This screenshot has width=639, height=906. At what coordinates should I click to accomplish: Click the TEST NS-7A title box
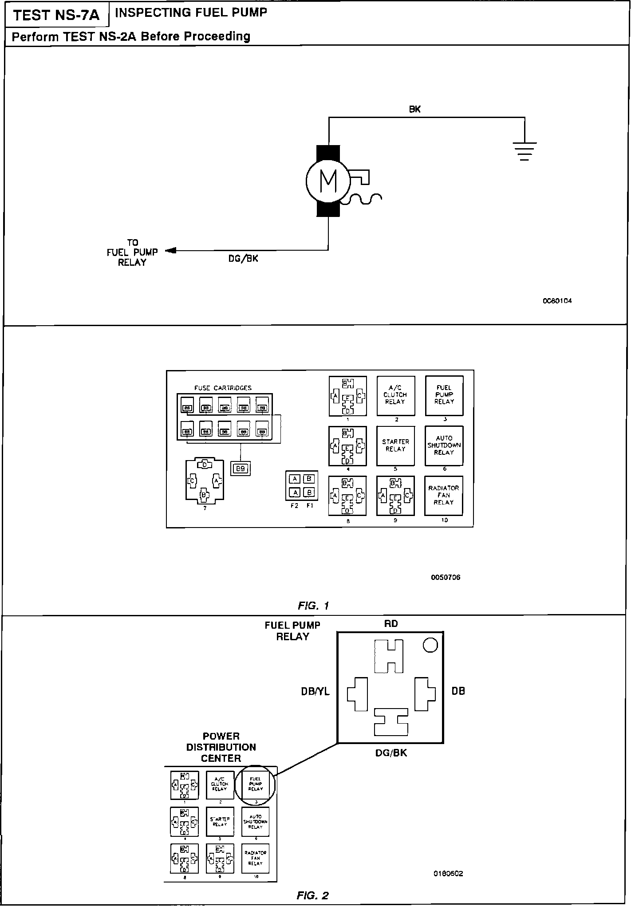point(56,16)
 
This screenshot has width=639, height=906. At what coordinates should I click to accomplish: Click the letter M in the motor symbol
point(328,181)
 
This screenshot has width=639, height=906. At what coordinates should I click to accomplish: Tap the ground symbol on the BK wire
point(525,151)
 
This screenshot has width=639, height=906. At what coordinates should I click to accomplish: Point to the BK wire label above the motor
point(414,109)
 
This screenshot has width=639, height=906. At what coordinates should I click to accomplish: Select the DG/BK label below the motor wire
point(243,259)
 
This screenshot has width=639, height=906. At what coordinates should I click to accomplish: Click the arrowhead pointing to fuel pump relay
point(170,251)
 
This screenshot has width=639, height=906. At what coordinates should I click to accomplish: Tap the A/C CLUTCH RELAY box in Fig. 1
point(396,395)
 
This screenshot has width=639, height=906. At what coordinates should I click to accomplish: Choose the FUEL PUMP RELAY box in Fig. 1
point(444,395)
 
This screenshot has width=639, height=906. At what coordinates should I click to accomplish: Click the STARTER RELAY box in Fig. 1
point(395,445)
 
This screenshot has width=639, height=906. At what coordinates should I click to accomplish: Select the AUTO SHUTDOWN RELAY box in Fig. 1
point(444,445)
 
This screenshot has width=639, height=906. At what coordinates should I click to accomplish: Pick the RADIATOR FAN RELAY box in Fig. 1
point(444,496)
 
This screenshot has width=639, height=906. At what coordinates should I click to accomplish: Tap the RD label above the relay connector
point(391,624)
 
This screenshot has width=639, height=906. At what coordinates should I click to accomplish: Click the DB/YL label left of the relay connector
point(315,691)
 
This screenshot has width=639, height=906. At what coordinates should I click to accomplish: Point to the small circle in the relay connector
point(430,645)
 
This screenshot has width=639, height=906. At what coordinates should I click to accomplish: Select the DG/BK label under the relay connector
point(391,753)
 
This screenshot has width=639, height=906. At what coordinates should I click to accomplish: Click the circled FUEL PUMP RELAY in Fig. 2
point(256,784)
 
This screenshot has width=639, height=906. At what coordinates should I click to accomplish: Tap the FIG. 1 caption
point(313,606)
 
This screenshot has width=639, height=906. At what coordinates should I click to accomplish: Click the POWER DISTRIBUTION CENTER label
point(221,747)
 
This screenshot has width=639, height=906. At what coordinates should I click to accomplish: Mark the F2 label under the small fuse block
point(294,505)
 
